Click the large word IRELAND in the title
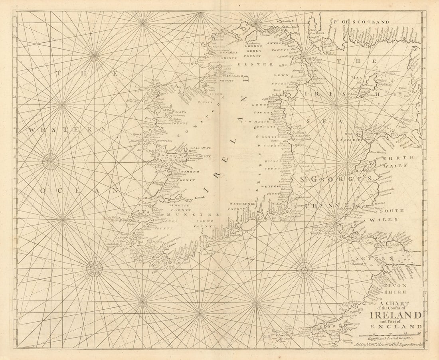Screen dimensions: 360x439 point(395,315)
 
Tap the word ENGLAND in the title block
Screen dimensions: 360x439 point(395,326)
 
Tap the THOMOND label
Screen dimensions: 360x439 point(185,172)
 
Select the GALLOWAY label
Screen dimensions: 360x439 point(201,148)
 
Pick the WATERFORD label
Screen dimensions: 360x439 point(242,204)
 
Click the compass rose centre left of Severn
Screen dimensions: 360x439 point(305,270)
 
